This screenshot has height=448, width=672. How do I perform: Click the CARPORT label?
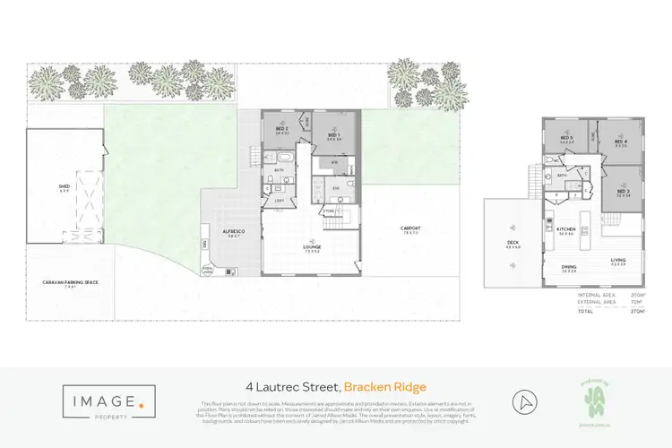click(410, 228)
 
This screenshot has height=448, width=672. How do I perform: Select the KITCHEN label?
click(566, 228)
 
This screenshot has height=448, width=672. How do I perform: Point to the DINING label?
click(569, 266)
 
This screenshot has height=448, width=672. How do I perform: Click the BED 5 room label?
click(566, 138)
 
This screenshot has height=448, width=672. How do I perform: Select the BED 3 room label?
click(623, 190)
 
